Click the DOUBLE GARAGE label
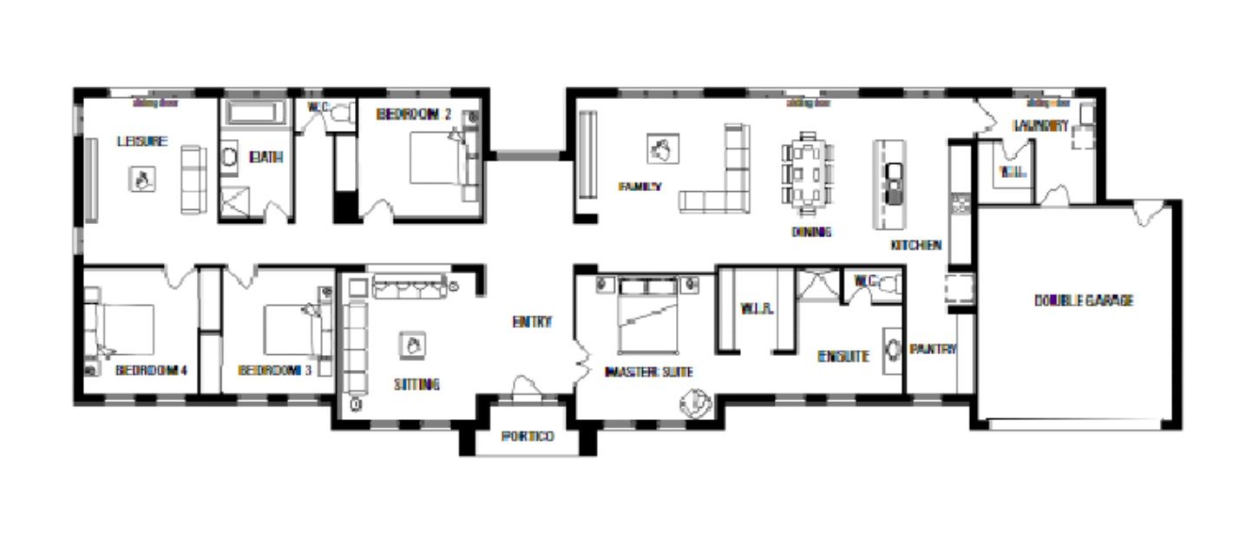1084,300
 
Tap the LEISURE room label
142,141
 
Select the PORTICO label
528,436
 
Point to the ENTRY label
532,322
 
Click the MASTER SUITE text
648,372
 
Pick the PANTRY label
933,349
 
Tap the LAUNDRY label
1040,126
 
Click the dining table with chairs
807,174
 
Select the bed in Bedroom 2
438,157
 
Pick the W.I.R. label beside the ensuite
751,308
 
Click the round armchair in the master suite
695,404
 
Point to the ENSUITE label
843,355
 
